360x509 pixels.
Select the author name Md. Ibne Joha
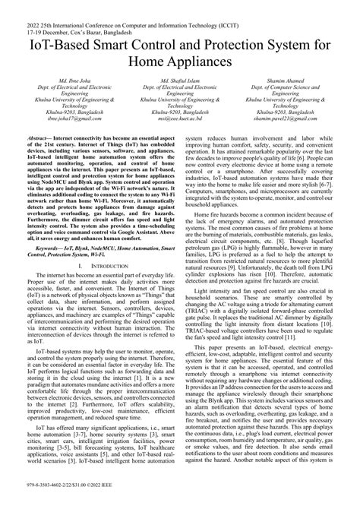tap(66, 80)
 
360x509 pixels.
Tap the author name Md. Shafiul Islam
tap(179, 80)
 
